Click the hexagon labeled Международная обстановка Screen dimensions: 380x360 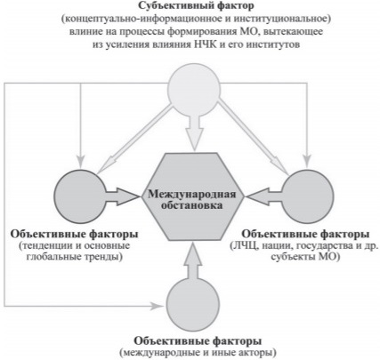pyautogui.click(x=193, y=196)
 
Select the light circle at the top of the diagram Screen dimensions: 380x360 pyautogui.click(x=194, y=90)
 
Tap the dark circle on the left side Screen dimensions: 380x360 pyautogui.click(x=80, y=196)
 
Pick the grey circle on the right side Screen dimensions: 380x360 pyautogui.click(x=307, y=196)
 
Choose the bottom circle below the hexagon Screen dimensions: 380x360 pyautogui.click(x=193, y=305)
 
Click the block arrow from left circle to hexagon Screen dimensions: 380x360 pyautogui.click(x=123, y=196)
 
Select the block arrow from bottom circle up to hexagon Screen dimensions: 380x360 pyautogui.click(x=193, y=261)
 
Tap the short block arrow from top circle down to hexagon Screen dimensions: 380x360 pyautogui.click(x=194, y=132)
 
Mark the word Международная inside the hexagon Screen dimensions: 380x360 pyautogui.click(x=192, y=194)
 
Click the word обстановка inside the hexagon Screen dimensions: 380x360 pyautogui.click(x=191, y=205)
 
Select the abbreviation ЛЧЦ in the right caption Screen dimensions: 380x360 pyautogui.click(x=245, y=246)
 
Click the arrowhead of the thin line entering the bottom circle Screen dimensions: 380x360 pyautogui.click(x=158, y=306)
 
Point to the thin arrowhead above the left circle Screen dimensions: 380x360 pyautogui.click(x=80, y=161)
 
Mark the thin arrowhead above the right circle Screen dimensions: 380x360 pyautogui.click(x=307, y=162)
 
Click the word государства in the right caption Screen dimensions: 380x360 pyautogui.click(x=327, y=246)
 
